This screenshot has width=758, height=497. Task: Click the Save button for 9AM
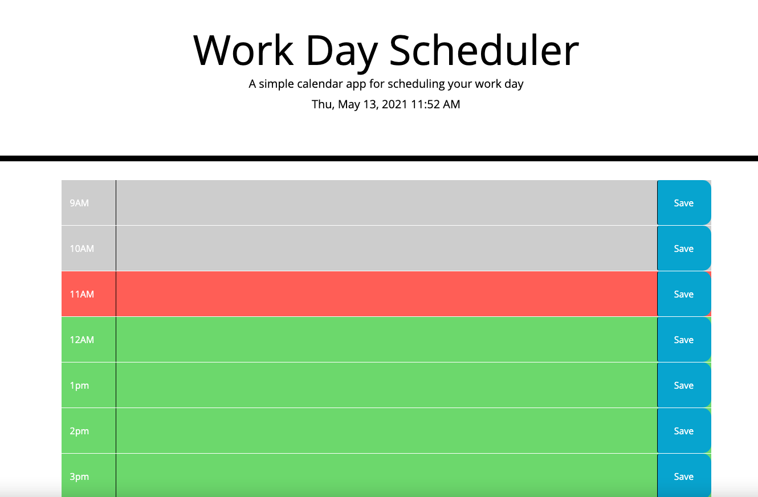pos(683,203)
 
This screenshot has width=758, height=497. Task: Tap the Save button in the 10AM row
pos(683,248)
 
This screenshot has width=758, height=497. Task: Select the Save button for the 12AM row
pos(683,340)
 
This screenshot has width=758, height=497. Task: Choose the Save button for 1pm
pos(683,385)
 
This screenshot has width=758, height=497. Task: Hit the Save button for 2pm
pos(683,431)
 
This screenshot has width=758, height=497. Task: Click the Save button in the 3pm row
pos(683,476)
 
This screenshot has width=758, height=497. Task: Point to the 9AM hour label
pos(79,203)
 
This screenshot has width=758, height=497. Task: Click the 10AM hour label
pos(81,248)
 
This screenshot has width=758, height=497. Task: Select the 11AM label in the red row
pos(81,294)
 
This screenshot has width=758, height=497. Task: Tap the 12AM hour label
pos(81,340)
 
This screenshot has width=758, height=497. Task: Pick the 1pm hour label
pos(79,385)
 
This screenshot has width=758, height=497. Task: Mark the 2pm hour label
pos(79,431)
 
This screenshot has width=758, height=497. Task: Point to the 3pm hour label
pos(79,476)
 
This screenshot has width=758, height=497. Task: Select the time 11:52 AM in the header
pos(435,104)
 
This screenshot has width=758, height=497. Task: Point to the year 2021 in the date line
pos(394,104)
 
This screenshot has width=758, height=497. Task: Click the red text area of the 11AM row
pos(386,294)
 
